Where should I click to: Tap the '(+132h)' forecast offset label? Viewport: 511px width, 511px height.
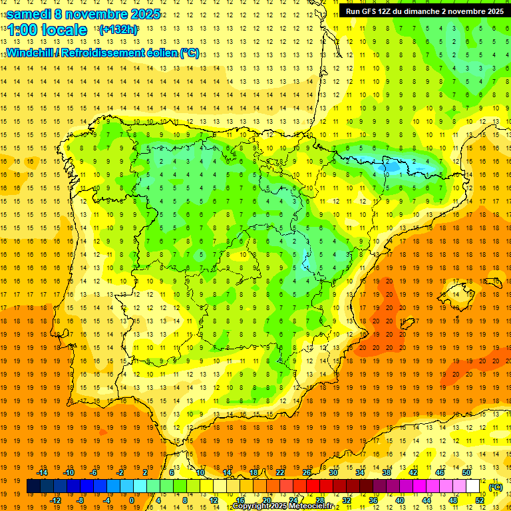(118, 29)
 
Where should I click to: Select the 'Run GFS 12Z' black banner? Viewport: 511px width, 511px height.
(424, 11)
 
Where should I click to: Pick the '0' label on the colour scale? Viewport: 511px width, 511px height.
(131, 500)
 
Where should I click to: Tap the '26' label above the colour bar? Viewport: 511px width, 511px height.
(307, 472)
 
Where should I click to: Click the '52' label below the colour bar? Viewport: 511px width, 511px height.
(480, 500)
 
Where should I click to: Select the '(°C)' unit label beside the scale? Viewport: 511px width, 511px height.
(496, 487)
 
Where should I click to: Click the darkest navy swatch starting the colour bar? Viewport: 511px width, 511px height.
(33, 486)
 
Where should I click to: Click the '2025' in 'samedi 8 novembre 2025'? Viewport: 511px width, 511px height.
(140, 14)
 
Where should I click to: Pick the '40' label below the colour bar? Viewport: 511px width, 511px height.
(399, 500)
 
